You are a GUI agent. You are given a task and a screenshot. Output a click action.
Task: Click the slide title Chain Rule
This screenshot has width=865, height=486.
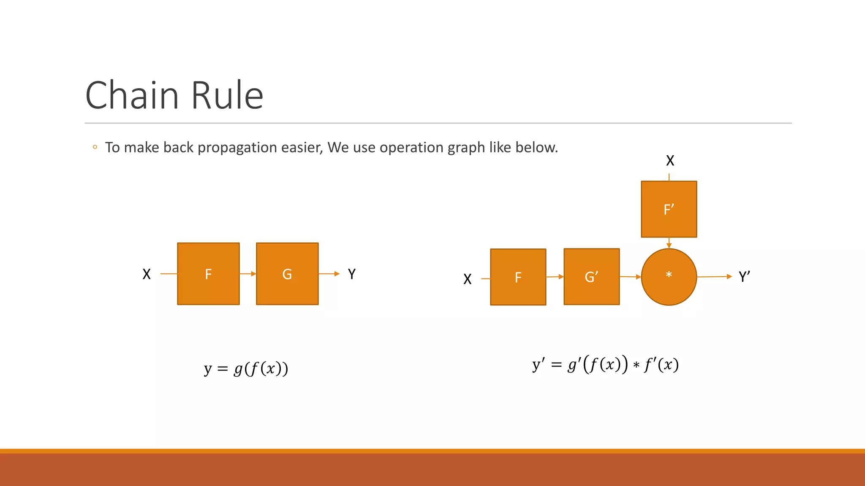point(174,95)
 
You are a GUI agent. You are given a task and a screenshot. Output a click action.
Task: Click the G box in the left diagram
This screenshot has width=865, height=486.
point(287,274)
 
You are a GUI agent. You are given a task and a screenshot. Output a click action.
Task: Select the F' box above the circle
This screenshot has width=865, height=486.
point(669,209)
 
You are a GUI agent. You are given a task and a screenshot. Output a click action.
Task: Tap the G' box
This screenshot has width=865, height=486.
point(591,277)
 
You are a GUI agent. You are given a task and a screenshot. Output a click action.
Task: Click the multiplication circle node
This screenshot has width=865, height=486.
point(669,277)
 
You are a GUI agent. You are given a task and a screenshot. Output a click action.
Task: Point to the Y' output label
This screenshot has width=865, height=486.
point(744,277)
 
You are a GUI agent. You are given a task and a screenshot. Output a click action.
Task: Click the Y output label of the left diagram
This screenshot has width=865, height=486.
point(352,274)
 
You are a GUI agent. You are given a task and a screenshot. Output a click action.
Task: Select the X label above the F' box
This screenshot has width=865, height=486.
point(670,161)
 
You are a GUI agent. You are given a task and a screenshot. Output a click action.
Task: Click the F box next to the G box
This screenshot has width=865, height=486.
point(208,274)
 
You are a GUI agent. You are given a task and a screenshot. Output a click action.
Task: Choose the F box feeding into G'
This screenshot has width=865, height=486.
point(518,277)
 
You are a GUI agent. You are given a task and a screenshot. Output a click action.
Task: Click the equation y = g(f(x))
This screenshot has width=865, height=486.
point(246,368)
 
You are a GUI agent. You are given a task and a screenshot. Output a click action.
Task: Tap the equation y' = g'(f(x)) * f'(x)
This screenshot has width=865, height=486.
point(605,364)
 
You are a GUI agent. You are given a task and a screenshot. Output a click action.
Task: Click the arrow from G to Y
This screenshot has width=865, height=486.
point(329,274)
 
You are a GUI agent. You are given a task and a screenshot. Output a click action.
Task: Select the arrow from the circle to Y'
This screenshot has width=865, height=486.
point(714,277)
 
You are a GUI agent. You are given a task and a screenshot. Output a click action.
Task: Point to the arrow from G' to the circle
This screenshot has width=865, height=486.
point(630,277)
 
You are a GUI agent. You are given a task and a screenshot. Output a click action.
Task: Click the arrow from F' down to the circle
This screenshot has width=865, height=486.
point(669,243)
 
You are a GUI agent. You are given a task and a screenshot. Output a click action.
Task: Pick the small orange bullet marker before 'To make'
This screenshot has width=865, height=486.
point(95,147)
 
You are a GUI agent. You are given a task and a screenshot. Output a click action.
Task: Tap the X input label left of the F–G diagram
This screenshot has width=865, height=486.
point(147,274)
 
